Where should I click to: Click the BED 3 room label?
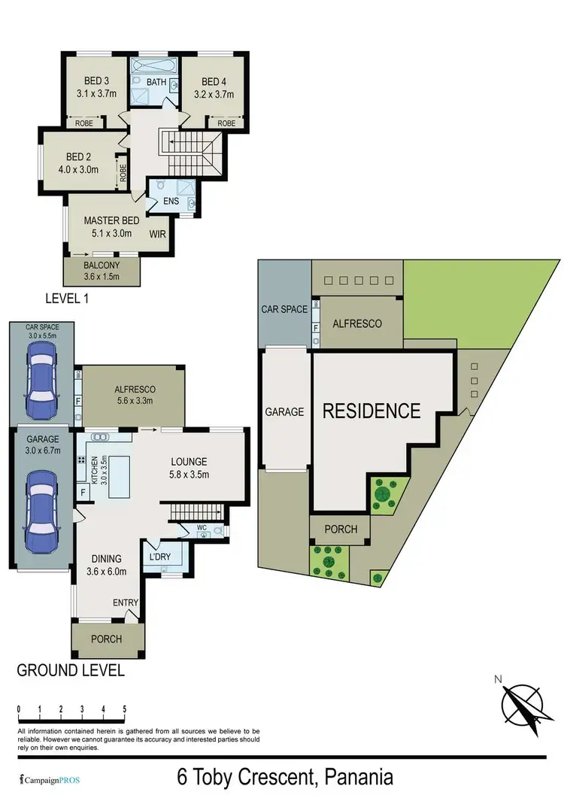point(90,81)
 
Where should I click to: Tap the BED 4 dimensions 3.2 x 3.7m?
point(214,95)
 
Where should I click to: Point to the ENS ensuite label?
point(171,202)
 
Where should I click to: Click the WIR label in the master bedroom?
point(158,233)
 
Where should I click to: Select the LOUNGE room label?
point(189,461)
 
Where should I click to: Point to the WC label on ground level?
point(202,527)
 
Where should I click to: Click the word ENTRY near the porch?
point(125,603)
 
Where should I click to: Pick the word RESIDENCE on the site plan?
point(371,411)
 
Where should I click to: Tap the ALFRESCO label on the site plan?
point(357,323)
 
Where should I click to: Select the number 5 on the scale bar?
point(124,708)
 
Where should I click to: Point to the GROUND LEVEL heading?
point(70,669)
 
